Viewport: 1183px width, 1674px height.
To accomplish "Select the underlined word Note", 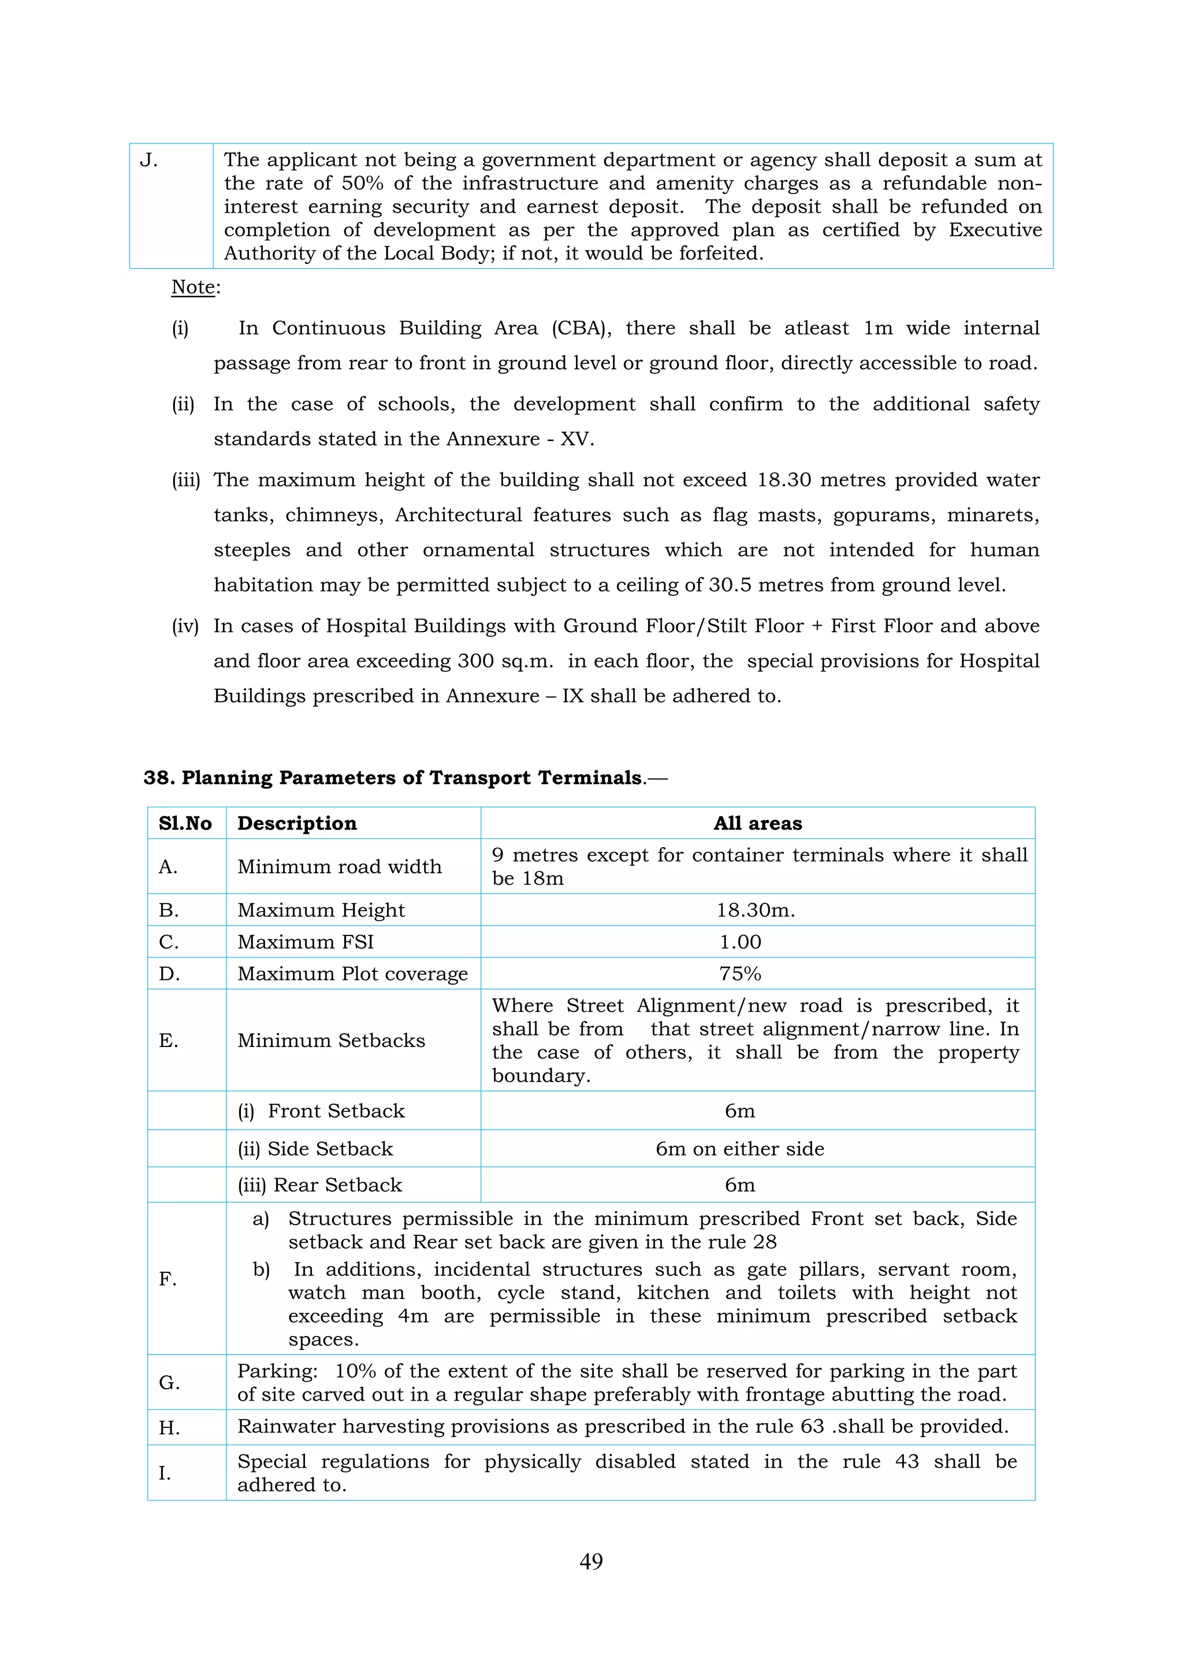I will (x=193, y=287).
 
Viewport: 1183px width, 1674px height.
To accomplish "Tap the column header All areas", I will (x=757, y=823).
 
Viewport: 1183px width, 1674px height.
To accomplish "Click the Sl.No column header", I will (x=185, y=823).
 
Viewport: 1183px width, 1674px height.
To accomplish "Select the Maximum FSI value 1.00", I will (x=740, y=942).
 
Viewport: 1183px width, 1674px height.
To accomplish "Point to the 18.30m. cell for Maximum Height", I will (x=755, y=910).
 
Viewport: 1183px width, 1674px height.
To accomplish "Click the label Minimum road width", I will (x=339, y=866).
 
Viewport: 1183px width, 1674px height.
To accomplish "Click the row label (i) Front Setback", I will (x=321, y=1111).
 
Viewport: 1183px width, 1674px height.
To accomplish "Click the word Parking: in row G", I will (x=277, y=1371).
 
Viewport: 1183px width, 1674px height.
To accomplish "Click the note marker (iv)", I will (x=185, y=626).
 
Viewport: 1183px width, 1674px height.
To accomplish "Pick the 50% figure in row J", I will (x=362, y=183).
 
